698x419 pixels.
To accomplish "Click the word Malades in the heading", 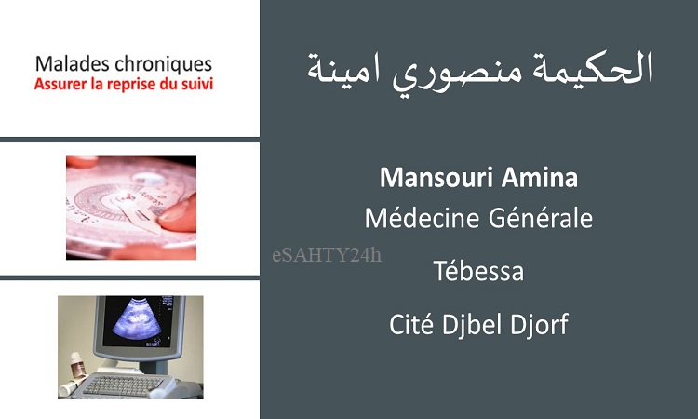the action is click(x=72, y=63).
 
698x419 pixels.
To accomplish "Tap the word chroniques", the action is click(x=163, y=65).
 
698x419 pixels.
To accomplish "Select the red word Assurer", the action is click(x=60, y=84).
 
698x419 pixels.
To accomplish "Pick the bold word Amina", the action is click(x=540, y=178).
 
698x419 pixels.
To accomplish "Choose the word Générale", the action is click(x=541, y=218).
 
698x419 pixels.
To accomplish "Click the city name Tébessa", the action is click(x=478, y=271).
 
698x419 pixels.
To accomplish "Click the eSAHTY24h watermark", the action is click(x=327, y=255).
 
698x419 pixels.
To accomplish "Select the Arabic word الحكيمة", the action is click(x=587, y=68).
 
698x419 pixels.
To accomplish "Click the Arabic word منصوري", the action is click(x=452, y=72).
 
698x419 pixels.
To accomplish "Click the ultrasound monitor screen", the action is click(x=138, y=321).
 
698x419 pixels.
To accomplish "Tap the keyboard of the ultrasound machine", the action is click(x=123, y=385).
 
